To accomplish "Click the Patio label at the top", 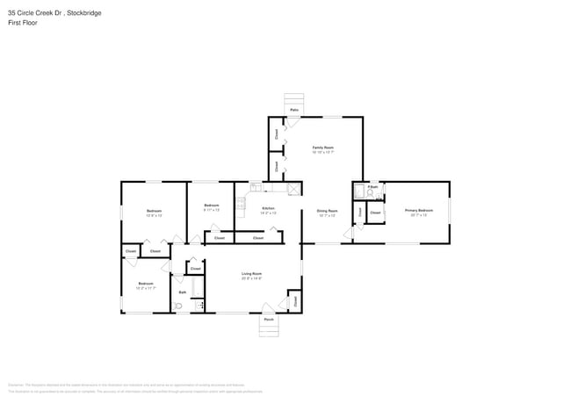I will click(294, 110).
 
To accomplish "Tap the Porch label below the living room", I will click(269, 320).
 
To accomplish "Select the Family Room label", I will click(322, 148).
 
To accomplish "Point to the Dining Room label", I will click(327, 211).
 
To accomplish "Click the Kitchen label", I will click(268, 208).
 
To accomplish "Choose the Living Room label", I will click(252, 274).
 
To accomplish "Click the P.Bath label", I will click(372, 187).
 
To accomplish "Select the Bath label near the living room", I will click(183, 292).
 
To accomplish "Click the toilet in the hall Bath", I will click(178, 305).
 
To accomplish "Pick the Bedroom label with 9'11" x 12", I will click(211, 206).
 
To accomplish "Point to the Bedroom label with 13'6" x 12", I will click(154, 211).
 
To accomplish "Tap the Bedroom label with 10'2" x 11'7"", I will click(146, 284).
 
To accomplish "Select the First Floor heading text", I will click(24, 23).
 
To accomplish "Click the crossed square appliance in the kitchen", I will click(294, 188).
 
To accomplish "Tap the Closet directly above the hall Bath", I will click(195, 268).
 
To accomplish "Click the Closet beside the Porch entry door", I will click(294, 300).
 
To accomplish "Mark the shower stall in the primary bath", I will click(359, 191).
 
